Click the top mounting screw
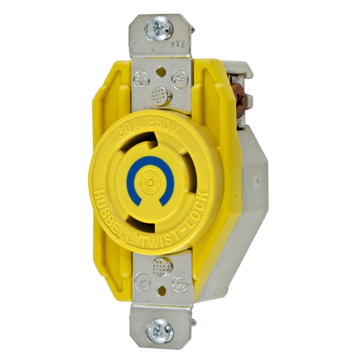click(159, 29)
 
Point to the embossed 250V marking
click(165, 118)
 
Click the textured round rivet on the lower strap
click(161, 266)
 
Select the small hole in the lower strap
click(161, 288)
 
